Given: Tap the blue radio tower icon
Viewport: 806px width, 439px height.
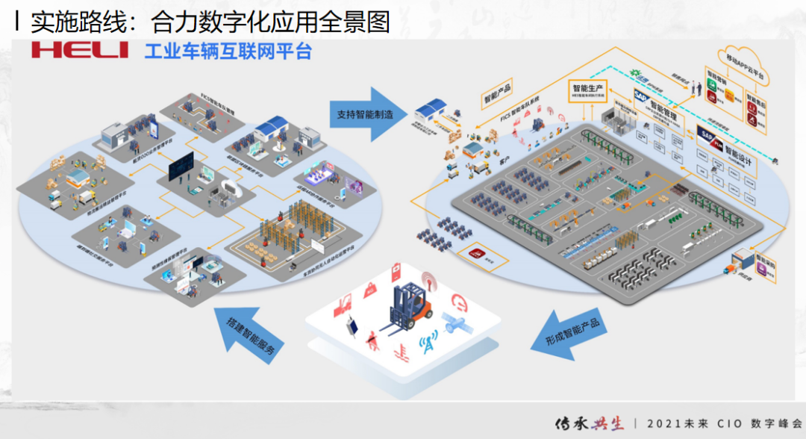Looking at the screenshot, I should (x=427, y=346).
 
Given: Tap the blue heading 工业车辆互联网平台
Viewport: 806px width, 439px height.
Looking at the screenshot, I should (x=228, y=51).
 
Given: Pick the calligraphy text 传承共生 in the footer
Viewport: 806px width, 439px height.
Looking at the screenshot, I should (x=589, y=422).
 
